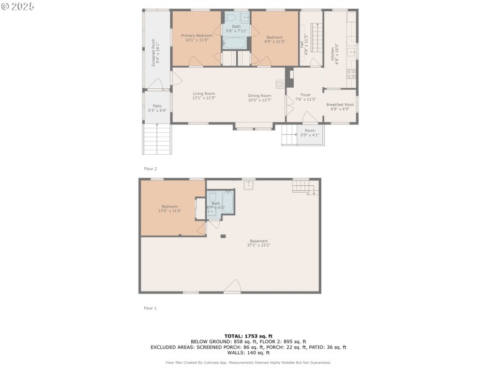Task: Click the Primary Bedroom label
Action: [x=197, y=36]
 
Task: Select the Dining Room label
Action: [x=260, y=96]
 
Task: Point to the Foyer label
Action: [x=306, y=95]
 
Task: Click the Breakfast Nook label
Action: [x=340, y=104]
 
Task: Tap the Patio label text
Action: [x=157, y=106]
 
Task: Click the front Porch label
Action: [x=309, y=131]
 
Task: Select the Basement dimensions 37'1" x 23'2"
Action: [x=258, y=245]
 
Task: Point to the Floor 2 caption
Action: [x=150, y=168]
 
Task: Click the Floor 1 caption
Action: [x=150, y=308]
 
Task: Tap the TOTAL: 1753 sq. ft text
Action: [x=248, y=336]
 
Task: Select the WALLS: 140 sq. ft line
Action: [x=248, y=352]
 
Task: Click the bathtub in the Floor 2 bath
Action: [x=236, y=42]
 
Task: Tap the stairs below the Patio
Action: [x=157, y=139]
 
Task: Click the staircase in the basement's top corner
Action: [x=301, y=186]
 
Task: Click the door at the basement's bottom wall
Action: [x=232, y=287]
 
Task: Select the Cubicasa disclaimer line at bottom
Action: [x=248, y=362]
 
